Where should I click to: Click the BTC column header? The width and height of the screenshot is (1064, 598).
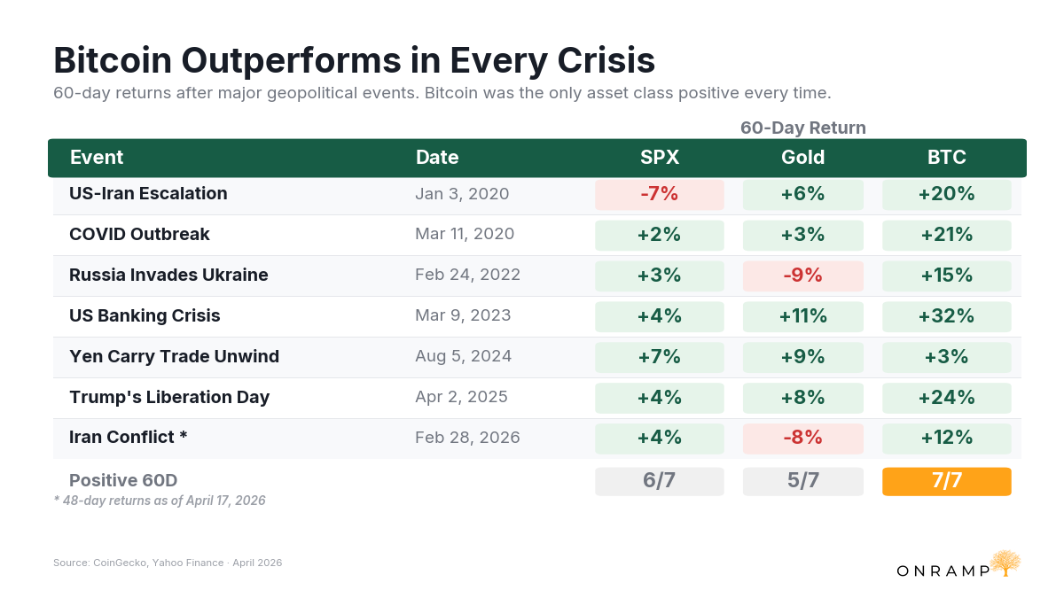click(946, 157)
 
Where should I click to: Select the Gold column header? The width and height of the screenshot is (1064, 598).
click(802, 157)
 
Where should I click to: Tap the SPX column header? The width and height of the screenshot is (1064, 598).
click(660, 157)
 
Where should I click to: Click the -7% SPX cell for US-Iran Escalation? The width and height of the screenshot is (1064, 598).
click(660, 194)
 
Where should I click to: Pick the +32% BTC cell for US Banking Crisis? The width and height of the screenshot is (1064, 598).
click(947, 316)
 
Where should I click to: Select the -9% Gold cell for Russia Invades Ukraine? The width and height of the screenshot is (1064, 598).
click(802, 276)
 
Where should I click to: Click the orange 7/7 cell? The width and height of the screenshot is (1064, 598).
click(947, 481)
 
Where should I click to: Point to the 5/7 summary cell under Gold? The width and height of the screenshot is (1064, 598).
click(802, 481)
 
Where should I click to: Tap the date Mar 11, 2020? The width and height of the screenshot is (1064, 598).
click(465, 234)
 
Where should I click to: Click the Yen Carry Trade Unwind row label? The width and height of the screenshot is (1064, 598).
click(174, 356)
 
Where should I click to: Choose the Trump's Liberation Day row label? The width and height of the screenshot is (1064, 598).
click(169, 397)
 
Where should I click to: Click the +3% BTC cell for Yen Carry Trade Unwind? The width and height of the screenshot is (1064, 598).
click(947, 357)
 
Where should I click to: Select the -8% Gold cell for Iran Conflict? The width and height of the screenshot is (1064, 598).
click(802, 438)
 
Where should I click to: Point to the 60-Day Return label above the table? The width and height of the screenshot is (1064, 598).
click(802, 128)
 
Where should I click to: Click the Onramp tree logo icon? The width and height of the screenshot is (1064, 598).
click(1005, 563)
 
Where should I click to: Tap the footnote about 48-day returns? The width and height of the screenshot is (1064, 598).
click(160, 501)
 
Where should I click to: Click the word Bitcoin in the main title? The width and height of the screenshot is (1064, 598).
click(113, 60)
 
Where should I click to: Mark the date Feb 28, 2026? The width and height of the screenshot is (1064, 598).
click(467, 438)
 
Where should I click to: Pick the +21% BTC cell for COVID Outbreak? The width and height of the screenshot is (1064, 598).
click(947, 235)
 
